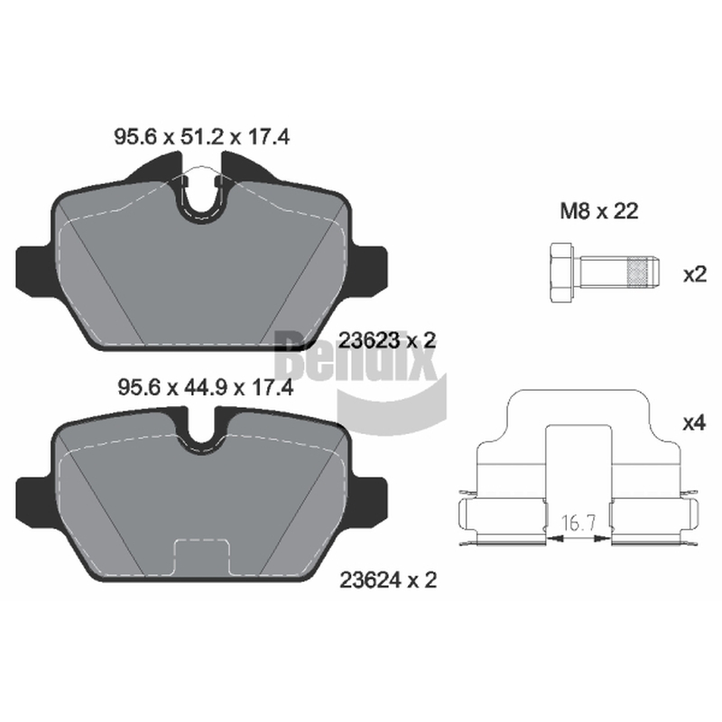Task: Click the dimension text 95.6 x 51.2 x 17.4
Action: click(x=201, y=137)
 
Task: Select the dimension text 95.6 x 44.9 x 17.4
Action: click(x=206, y=387)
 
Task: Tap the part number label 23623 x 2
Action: click(x=387, y=341)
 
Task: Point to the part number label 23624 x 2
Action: click(x=388, y=580)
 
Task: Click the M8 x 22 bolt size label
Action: click(x=599, y=211)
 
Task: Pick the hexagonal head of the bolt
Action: click(x=561, y=273)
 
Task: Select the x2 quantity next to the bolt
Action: click(x=695, y=275)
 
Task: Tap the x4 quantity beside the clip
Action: click(x=694, y=422)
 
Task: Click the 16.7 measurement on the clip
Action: click(x=579, y=523)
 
